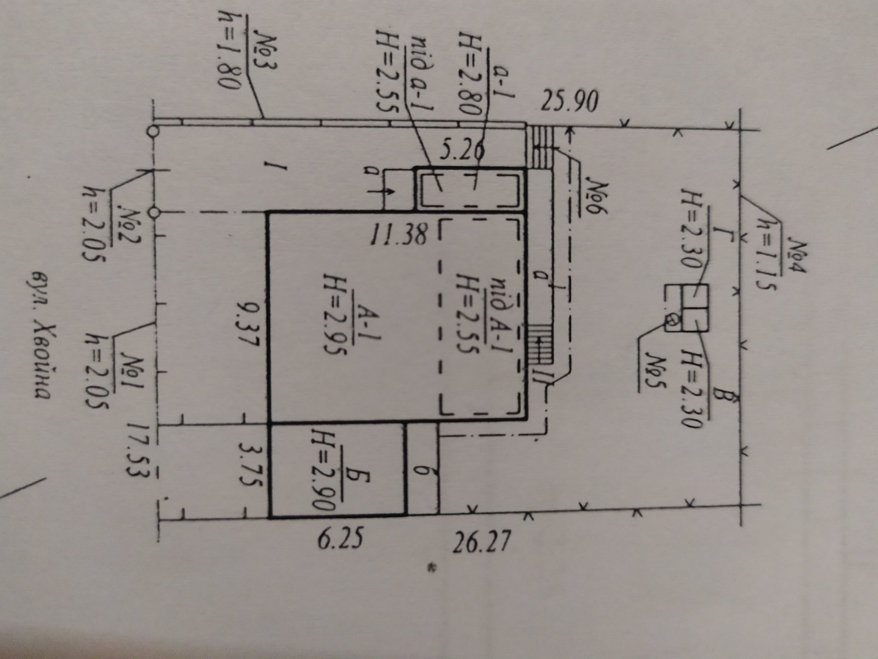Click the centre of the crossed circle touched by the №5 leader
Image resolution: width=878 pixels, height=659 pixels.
672,320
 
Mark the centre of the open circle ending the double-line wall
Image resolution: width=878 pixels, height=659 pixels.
152,131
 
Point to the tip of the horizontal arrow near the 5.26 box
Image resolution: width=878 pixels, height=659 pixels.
395,191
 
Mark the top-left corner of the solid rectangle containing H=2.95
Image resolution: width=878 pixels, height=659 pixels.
268,213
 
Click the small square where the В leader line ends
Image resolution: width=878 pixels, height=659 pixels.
696,319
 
